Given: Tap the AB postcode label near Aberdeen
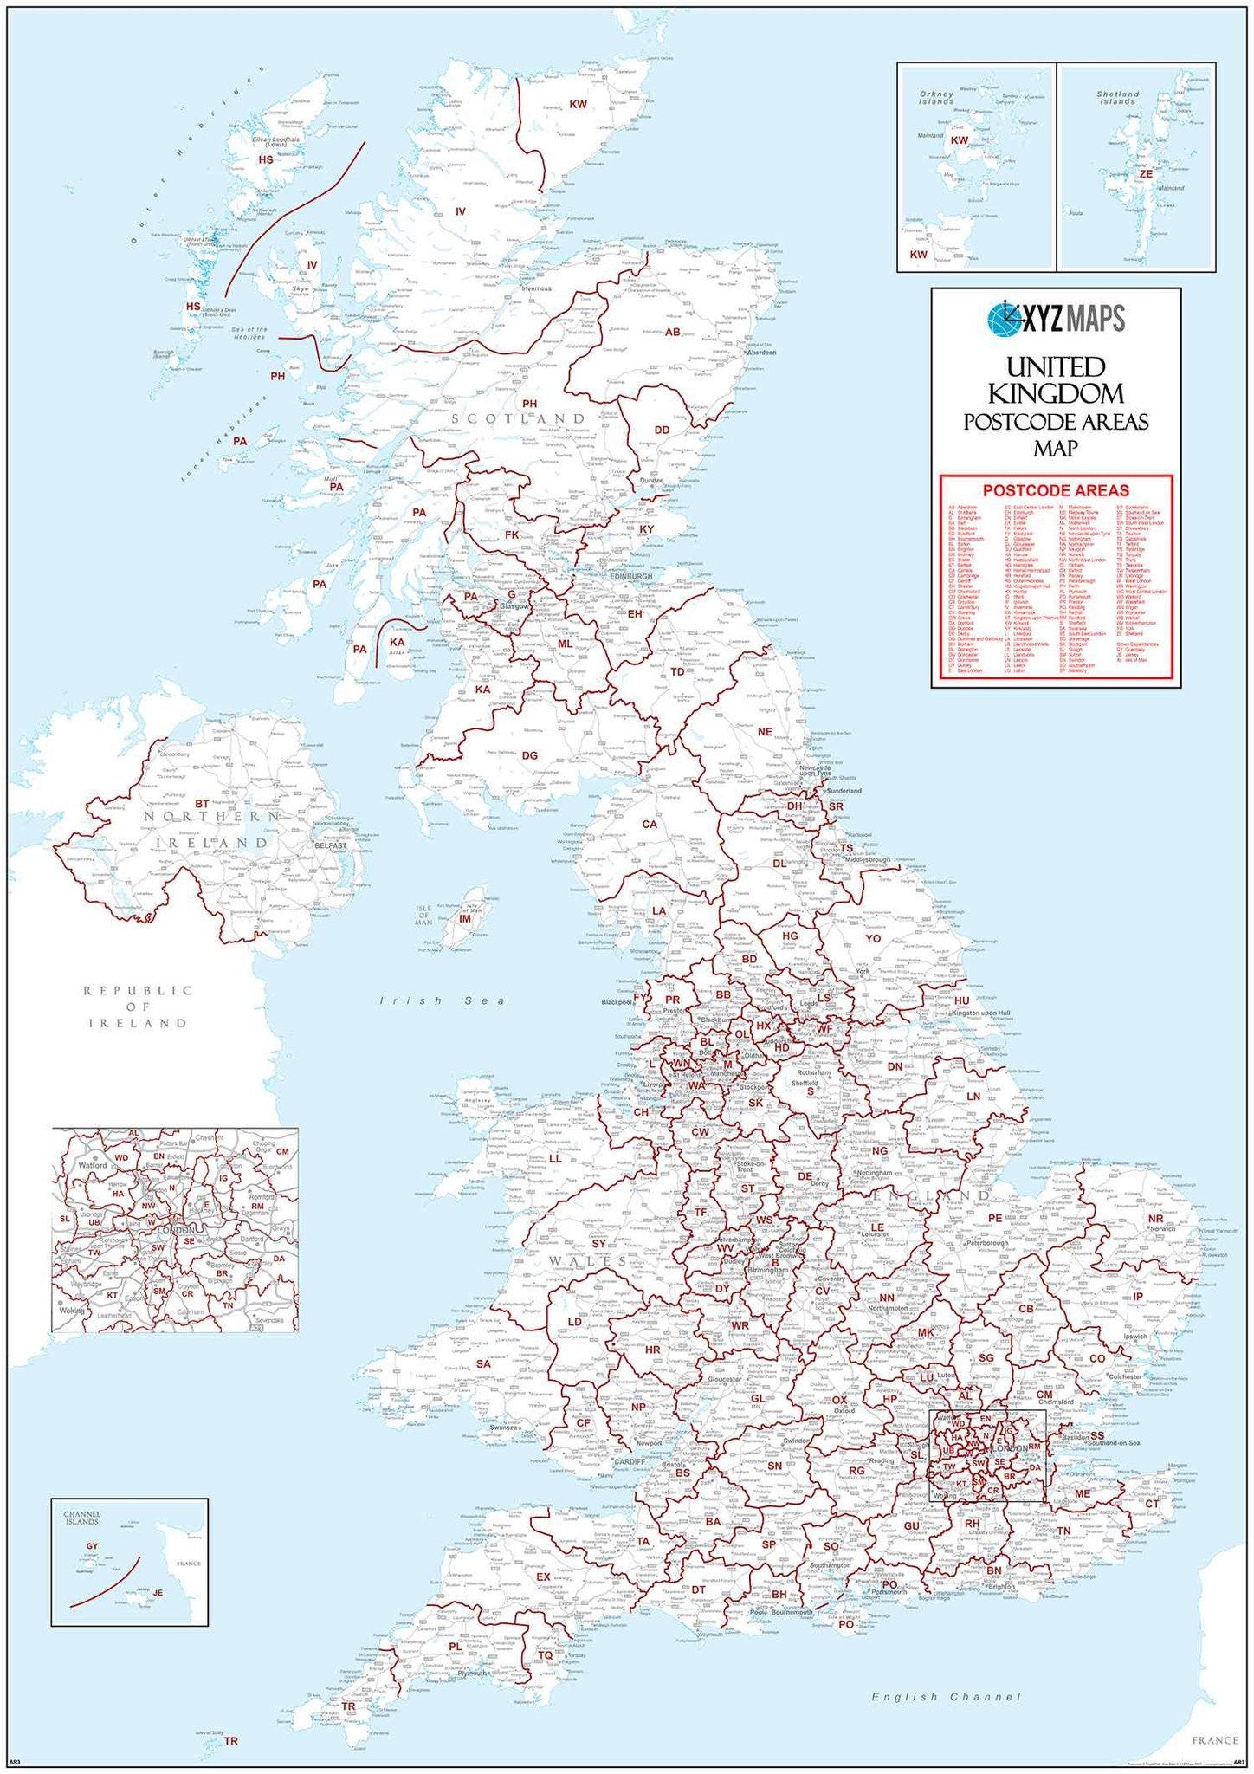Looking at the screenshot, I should [x=672, y=332].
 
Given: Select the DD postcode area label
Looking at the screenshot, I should [x=662, y=430].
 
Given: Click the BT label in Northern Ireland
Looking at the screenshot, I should [x=202, y=804].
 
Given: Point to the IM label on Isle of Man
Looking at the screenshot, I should [x=465, y=918].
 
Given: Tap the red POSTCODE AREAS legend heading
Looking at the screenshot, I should [x=1056, y=490].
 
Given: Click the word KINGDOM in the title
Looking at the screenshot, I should [x=1056, y=395].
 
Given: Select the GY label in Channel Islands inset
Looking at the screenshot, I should [x=92, y=1546].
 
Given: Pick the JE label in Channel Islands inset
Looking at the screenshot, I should [x=158, y=1592].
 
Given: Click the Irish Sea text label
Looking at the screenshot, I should [x=442, y=1000].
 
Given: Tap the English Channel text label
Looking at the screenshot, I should [x=946, y=1697].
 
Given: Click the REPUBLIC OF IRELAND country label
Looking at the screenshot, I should [x=137, y=1007].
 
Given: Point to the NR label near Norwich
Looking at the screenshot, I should [x=1155, y=1219].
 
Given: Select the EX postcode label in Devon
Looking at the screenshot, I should [x=543, y=1577].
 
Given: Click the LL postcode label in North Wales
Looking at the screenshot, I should [x=555, y=1158].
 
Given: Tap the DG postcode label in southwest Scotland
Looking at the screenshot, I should [x=529, y=755].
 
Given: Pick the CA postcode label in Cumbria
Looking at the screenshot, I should [x=649, y=825].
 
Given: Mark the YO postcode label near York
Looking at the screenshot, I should [x=873, y=938].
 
